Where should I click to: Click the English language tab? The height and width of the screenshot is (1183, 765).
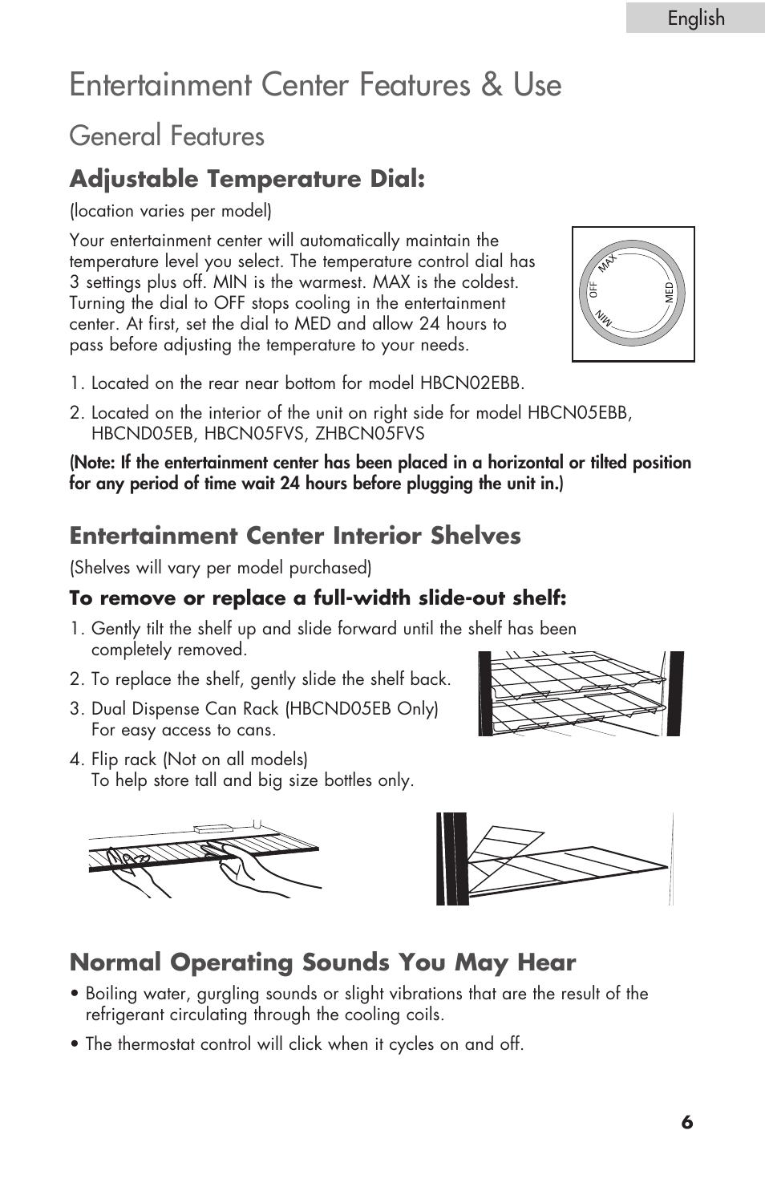[695, 18]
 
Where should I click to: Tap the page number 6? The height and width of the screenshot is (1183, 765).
[687, 1122]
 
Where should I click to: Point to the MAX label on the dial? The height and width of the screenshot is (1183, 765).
[607, 261]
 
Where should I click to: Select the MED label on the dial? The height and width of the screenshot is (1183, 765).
[670, 293]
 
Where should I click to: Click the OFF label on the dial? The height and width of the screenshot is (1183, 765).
[594, 290]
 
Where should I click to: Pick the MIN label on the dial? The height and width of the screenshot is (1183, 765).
[604, 318]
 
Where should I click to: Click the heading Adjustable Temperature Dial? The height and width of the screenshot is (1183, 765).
[247, 178]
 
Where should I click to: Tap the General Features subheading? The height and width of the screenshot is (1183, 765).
[167, 136]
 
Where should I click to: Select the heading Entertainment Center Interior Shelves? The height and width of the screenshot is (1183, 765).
[295, 535]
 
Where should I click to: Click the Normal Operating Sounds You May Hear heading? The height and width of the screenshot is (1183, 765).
[322, 962]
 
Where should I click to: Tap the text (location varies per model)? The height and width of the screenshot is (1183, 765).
[171, 211]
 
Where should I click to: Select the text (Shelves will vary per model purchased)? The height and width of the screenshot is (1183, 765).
[221, 568]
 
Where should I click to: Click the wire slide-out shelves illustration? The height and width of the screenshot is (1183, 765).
[580, 694]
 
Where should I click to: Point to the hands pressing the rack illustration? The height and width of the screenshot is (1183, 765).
[204, 859]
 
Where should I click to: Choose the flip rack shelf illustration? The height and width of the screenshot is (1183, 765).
[554, 859]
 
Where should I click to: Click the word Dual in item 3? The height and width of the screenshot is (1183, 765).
[109, 709]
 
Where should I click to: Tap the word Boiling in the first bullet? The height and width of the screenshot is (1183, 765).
[111, 994]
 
